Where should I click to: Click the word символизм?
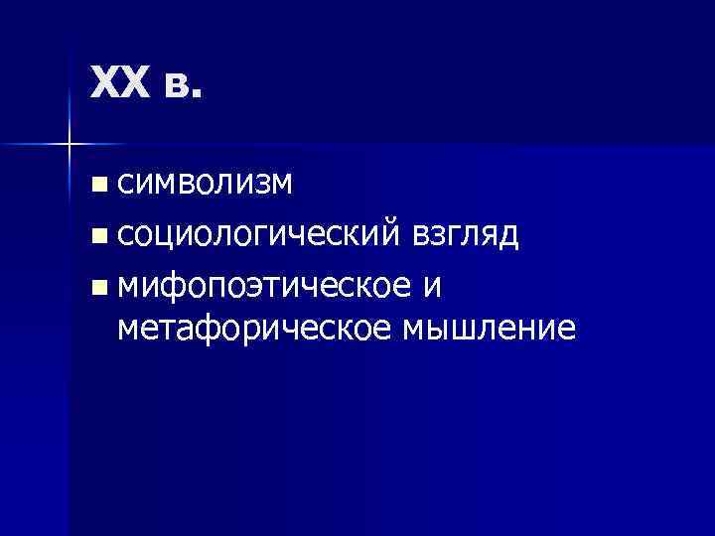(x=204, y=182)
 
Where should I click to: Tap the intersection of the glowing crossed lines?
(x=68, y=145)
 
